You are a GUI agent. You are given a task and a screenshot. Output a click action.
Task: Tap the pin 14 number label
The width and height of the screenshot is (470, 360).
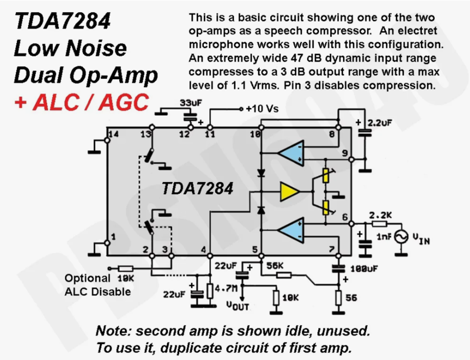pyautogui.click(x=113, y=134)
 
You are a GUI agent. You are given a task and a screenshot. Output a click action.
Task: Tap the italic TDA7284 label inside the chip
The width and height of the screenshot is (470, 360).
pyautogui.click(x=198, y=189)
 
